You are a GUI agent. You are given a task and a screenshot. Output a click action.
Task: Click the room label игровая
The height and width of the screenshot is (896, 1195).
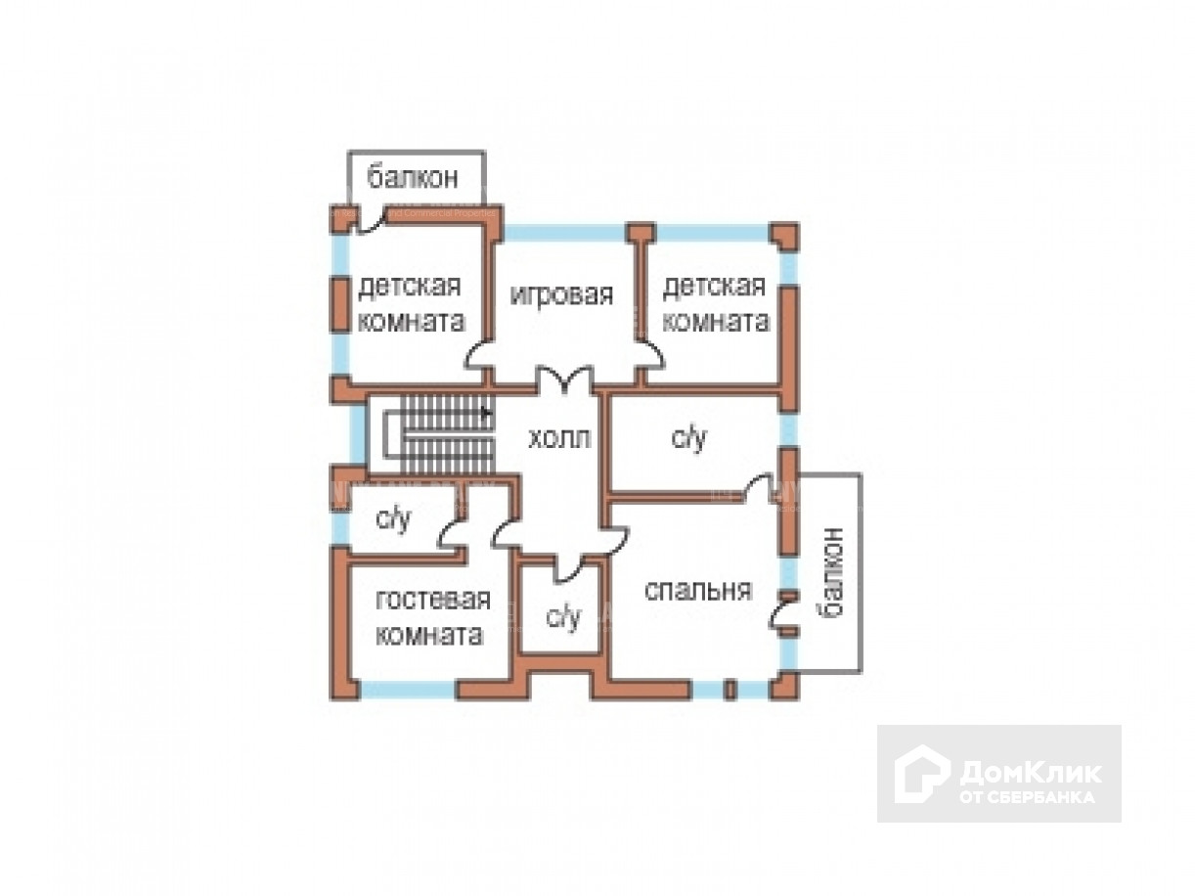tap(561, 294)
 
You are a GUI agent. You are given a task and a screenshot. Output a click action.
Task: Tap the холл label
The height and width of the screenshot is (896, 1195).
tap(559, 438)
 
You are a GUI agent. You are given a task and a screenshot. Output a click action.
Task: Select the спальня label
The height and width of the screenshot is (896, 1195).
tap(698, 590)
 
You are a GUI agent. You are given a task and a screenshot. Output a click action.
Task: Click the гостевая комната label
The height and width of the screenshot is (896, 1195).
tap(432, 616)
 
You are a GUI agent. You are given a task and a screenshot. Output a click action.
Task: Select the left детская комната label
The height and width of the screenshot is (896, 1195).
tap(411, 304)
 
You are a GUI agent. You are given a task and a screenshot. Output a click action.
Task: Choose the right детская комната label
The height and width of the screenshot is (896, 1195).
tap(715, 304)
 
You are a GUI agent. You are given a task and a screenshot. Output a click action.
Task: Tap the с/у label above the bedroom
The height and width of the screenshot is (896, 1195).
tap(688, 439)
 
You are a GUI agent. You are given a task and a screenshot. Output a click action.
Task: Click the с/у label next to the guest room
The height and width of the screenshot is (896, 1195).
tap(394, 519)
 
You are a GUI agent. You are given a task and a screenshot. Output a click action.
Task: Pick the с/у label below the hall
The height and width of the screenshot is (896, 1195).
tap(562, 616)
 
